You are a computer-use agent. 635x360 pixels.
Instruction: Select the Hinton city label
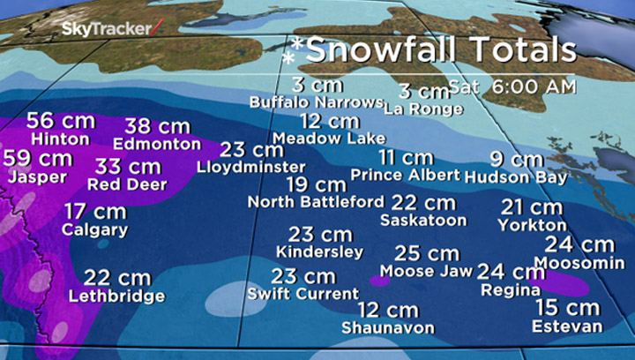[x=60, y=139]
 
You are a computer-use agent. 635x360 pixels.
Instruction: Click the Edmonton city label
[x=157, y=143]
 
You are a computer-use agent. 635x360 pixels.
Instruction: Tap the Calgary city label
[x=94, y=229]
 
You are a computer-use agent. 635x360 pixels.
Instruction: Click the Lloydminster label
[x=250, y=166]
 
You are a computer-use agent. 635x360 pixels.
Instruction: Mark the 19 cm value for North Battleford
[x=316, y=184]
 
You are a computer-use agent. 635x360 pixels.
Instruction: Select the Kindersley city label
[x=318, y=252]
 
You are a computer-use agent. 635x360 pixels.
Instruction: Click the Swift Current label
[x=303, y=294]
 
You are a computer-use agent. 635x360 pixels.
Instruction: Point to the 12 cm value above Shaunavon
[x=388, y=310]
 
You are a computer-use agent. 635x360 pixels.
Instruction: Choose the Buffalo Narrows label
[x=315, y=102]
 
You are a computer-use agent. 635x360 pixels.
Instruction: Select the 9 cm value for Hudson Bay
[x=517, y=159]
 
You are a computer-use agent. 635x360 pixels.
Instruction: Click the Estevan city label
[x=567, y=326]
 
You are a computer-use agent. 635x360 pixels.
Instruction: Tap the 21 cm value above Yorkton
[x=531, y=207]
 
